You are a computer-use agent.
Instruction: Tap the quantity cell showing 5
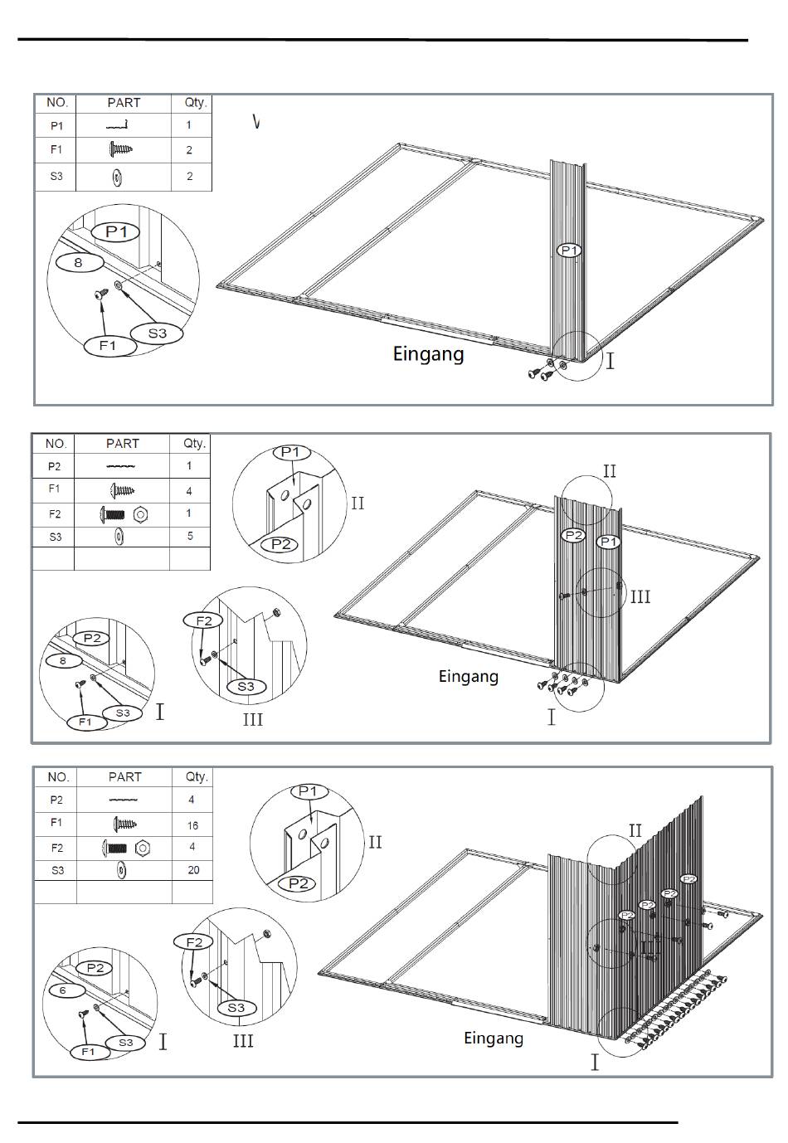tap(190, 536)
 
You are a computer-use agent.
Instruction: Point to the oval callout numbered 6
tap(63, 990)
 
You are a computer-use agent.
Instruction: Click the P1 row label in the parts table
tap(56, 126)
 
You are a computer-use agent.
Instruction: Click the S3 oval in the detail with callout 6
tap(126, 1043)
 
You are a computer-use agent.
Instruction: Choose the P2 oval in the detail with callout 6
tap(95, 968)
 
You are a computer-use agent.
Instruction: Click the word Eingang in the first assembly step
tap(428, 354)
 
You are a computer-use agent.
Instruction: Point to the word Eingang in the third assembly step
tap(494, 1038)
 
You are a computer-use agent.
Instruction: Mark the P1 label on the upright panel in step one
tap(570, 250)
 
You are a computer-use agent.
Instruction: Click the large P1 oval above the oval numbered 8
tap(116, 231)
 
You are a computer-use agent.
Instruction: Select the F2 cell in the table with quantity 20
tap(56, 848)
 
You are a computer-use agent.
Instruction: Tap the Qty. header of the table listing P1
tap(196, 103)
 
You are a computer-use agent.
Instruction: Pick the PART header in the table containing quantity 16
tap(124, 777)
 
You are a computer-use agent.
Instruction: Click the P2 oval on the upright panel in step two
tap(574, 535)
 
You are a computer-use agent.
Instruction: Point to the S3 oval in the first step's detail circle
tap(158, 333)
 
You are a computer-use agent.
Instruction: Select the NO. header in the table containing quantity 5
tap(54, 444)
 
